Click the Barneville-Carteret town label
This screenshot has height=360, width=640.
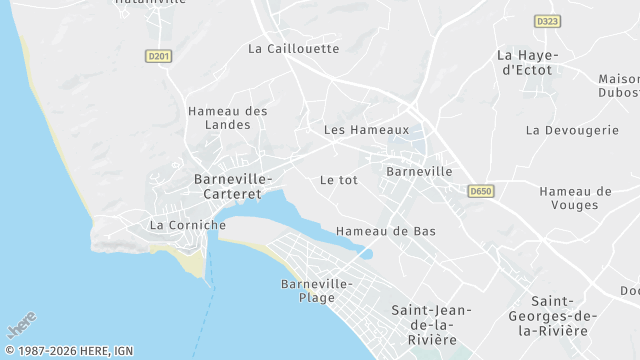(232, 185)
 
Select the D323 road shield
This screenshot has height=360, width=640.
(546, 21)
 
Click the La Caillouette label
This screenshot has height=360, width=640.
(294, 48)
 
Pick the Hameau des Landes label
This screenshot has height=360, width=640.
(228, 118)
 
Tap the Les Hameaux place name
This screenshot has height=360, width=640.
(366, 130)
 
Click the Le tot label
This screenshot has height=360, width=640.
(338, 180)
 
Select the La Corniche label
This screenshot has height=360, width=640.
(188, 225)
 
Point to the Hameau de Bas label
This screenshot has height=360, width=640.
(386, 231)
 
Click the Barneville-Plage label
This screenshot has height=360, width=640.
(316, 290)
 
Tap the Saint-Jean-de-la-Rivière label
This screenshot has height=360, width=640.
(424, 325)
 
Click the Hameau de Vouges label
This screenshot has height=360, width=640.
(575, 198)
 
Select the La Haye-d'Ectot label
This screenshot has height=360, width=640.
(527, 62)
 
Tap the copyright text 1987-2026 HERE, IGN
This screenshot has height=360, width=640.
(69, 351)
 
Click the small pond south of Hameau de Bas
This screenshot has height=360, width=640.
(366, 254)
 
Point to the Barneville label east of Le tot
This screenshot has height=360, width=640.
(419, 171)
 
